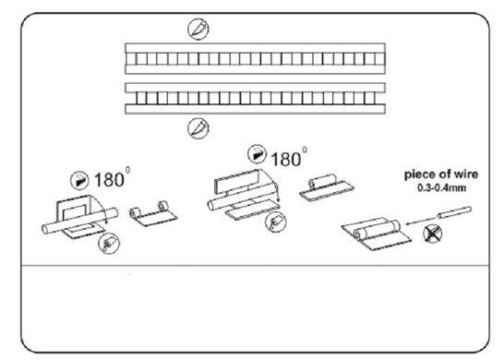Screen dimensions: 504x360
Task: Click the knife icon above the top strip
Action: [x=198, y=29]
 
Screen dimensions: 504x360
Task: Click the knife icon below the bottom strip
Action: [x=198, y=128]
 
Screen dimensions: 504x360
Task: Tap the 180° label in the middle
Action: [x=289, y=158]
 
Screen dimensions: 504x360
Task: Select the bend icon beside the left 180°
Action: [x=79, y=180]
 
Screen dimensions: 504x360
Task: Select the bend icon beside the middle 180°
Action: [x=258, y=154]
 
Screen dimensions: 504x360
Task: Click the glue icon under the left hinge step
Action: [x=109, y=244]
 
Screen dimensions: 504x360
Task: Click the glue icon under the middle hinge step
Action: [x=276, y=222]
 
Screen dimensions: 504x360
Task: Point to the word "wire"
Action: [x=464, y=174]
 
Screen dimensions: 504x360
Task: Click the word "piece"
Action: [x=418, y=175]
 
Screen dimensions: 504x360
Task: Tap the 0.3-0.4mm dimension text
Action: [x=441, y=188]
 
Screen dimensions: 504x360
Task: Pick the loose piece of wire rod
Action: [x=454, y=212]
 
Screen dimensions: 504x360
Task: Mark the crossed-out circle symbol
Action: [x=433, y=234]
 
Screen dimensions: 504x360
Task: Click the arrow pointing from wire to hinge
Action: [x=421, y=221]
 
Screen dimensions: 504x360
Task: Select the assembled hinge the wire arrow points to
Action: [x=376, y=234]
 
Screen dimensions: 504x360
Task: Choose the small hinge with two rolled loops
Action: [x=153, y=214]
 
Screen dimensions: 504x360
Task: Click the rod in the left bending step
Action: [x=79, y=221]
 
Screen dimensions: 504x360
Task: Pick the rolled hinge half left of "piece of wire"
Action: [x=326, y=188]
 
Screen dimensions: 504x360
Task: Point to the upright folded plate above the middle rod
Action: [x=236, y=182]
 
